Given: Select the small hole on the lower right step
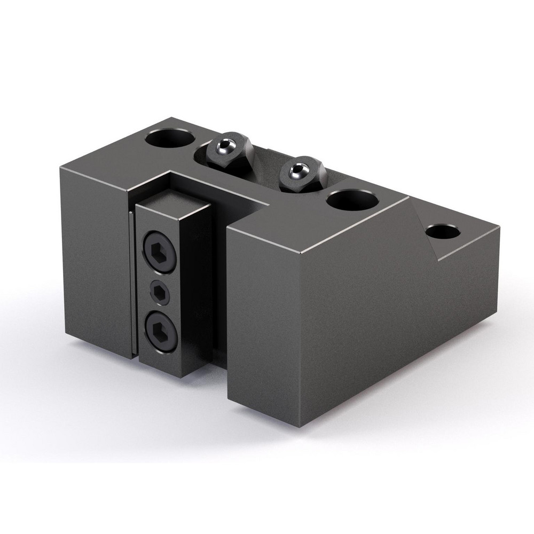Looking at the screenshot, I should pyautogui.click(x=443, y=233).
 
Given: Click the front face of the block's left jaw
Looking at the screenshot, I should pyautogui.click(x=93, y=256).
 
